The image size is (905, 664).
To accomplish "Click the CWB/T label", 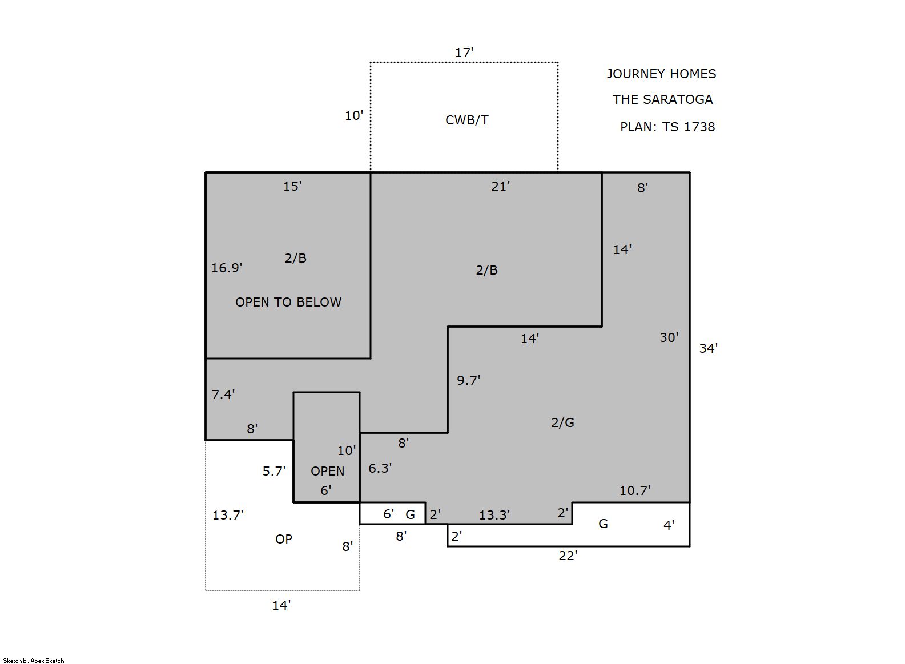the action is tap(466, 120).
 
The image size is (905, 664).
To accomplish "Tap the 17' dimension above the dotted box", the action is tap(464, 53).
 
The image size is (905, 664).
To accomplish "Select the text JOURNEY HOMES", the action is tap(661, 74).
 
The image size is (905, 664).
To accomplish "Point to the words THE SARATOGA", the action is tap(662, 99).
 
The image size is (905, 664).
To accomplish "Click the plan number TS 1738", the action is tap(689, 127).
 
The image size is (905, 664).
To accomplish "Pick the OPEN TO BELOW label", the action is tap(288, 302).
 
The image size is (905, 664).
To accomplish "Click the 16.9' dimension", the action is tap(227, 268).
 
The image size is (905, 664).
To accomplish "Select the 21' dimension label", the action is tap(501, 186).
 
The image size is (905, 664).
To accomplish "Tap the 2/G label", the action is tap(562, 422).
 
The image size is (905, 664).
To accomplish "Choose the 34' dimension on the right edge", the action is tap(709, 348).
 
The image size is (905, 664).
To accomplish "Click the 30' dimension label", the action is tap(669, 337).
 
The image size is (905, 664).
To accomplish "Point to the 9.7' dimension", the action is tap(469, 380).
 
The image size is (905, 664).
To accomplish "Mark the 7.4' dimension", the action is tap(223, 394).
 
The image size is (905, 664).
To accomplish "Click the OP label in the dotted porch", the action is tap(284, 539).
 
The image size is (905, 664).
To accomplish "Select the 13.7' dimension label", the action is tap(228, 515).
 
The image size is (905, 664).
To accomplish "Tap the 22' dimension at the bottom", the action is tap(568, 556).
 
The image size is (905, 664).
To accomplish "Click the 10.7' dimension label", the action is tap(635, 490).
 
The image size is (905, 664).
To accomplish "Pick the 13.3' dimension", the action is tap(494, 515).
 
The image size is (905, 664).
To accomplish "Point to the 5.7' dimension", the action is tap(274, 471).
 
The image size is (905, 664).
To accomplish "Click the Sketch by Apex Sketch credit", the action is tap(34, 661).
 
